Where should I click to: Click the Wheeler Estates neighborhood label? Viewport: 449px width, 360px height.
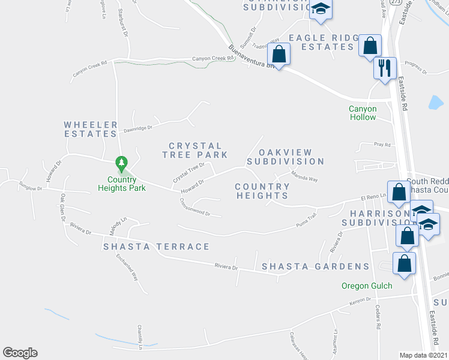coord(91,129)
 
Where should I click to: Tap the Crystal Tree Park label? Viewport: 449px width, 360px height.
coord(195,150)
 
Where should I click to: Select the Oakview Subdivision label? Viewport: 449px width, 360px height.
coord(285,156)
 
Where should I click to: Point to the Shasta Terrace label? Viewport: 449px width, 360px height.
coord(156,247)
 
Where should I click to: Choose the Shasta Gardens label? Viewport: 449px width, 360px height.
coord(315,266)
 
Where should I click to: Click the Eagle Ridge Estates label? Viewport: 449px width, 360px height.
coord(323,42)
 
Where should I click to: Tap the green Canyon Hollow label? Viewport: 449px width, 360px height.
coord(363,113)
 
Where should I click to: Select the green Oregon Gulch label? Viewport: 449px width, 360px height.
coord(367,286)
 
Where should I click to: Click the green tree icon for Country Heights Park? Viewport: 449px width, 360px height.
coord(122,163)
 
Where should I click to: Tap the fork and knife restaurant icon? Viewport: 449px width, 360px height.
coord(384,67)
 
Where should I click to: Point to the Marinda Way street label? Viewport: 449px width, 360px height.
coord(304,176)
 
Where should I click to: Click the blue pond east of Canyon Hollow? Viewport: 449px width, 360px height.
coord(435,103)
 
